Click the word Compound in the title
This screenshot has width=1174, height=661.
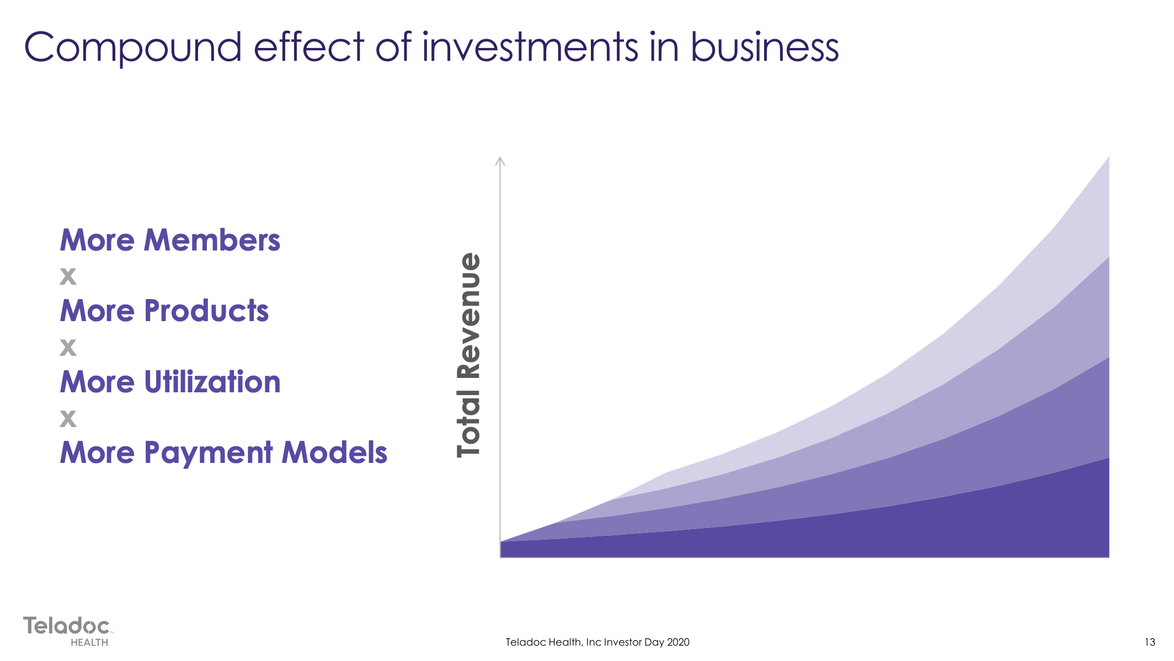pos(133,47)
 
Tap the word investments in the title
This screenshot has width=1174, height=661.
pos(530,46)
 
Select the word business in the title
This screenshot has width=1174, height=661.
pos(765,46)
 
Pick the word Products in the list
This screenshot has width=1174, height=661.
pos(206,311)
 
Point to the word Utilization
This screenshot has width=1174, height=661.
pos(212,382)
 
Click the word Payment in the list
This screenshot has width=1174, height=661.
pos(209,454)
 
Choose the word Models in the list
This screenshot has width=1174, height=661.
pos(334,452)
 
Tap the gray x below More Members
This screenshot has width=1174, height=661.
pos(68,276)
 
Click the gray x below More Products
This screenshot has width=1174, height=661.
pos(68,347)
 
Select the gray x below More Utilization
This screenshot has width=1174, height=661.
pos(68,418)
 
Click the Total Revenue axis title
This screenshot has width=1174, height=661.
pos(469,355)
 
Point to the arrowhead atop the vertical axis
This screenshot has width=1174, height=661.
pos(500,161)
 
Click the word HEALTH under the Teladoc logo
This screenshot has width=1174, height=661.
pos(89,642)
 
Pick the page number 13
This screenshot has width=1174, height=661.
pos(1150,642)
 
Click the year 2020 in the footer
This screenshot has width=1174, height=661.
pos(678,642)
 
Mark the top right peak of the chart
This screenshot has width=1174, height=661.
pos(1109,157)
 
